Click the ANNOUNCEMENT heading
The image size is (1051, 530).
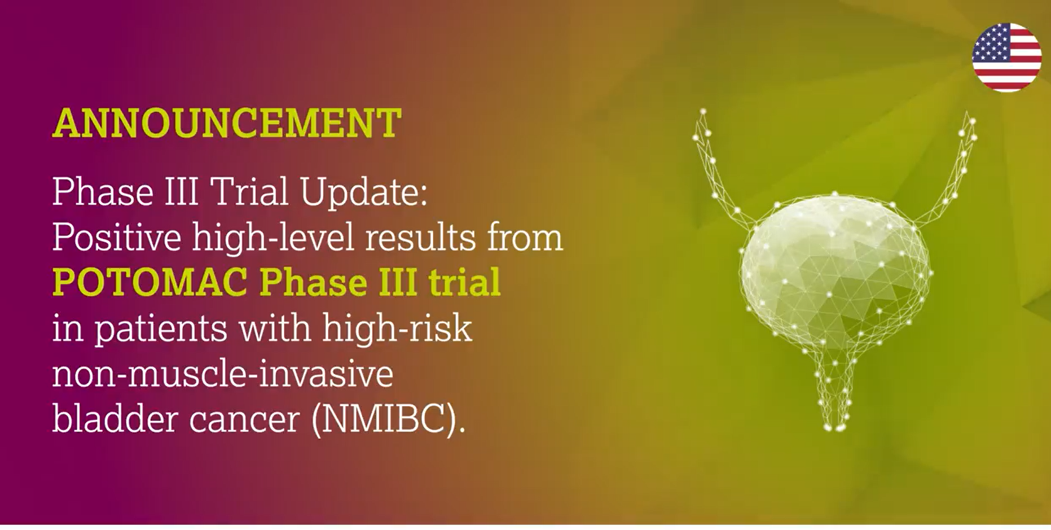click(227, 123)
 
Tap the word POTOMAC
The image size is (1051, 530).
click(150, 282)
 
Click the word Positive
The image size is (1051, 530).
click(117, 238)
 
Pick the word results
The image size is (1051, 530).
click(420, 238)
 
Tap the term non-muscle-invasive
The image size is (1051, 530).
click(222, 374)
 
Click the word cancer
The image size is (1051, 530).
click(244, 420)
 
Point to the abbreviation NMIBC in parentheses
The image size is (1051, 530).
click(385, 419)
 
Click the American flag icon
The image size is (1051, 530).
click(1006, 58)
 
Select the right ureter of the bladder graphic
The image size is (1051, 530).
click(956, 169)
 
